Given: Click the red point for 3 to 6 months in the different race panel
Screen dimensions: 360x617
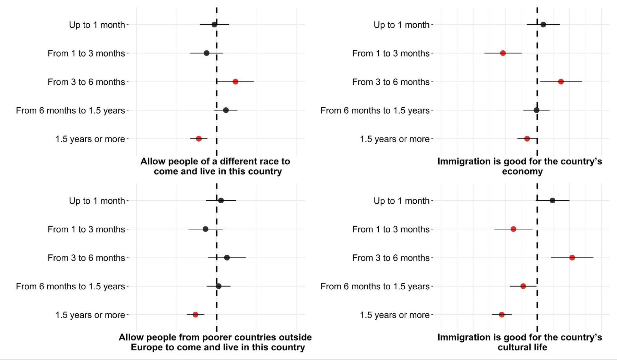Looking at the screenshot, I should click(x=235, y=82).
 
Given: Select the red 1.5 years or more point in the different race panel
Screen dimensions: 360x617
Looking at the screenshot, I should click(x=199, y=139).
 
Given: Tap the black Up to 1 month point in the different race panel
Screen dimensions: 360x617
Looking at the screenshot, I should click(x=214, y=25).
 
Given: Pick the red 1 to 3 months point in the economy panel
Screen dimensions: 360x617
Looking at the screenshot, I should click(x=503, y=53).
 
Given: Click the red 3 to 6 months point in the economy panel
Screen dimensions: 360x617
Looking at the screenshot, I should click(x=561, y=82).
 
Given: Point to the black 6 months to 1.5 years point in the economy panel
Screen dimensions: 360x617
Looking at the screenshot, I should click(x=536, y=110).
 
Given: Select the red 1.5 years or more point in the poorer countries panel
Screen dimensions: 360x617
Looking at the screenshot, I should click(x=195, y=315).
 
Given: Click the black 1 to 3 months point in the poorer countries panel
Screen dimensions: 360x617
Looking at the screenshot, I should click(x=205, y=229).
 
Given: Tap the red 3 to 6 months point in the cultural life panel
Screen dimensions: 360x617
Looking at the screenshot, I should click(x=572, y=257).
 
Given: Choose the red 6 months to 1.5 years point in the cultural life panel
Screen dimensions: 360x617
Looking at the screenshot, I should click(x=523, y=286).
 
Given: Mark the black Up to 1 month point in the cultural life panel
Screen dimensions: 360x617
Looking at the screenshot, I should click(x=553, y=201).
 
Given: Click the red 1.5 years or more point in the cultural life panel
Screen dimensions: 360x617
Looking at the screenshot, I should click(x=502, y=315).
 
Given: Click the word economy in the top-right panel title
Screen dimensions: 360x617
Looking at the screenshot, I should click(x=522, y=171).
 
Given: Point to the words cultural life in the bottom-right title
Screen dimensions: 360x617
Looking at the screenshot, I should click(x=522, y=347).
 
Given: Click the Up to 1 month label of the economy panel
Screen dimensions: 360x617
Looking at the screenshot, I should click(x=401, y=25).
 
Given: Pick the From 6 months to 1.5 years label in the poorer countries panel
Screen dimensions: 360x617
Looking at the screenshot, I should click(x=70, y=286).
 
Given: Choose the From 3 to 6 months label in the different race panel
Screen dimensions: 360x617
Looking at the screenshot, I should click(x=86, y=82).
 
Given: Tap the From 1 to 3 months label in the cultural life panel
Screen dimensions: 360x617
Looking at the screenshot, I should click(x=391, y=229).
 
